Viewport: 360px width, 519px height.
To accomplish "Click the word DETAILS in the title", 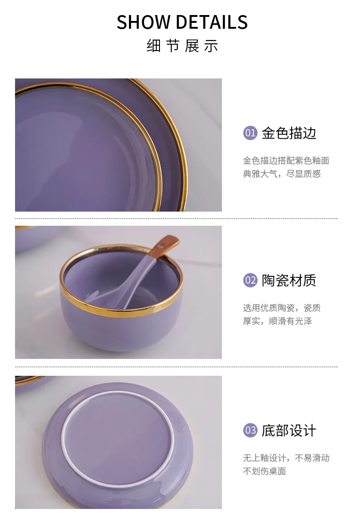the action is tap(212, 22).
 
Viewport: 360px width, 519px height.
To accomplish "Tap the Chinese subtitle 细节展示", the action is tap(182, 46).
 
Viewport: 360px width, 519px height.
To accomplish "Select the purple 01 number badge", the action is tap(250, 133).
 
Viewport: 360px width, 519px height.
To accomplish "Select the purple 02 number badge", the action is tap(250, 280).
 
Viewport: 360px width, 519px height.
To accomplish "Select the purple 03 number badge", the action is tap(250, 430).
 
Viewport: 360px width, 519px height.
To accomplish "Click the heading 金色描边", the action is tap(289, 133).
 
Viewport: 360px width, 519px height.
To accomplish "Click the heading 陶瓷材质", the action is tap(289, 280).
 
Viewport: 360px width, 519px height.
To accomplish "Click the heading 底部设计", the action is tap(289, 430).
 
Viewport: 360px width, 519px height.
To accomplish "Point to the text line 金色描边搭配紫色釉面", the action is tap(286, 161).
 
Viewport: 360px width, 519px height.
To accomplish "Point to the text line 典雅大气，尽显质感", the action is tap(282, 174).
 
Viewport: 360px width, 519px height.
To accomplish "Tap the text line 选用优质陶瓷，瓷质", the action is tap(282, 308).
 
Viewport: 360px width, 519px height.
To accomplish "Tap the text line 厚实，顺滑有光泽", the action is tap(278, 321).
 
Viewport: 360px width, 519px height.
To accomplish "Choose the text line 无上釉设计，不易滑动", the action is tap(286, 458).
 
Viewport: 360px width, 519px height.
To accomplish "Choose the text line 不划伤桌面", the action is tap(264, 471).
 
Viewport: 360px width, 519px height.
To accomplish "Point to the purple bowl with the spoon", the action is tap(121, 298).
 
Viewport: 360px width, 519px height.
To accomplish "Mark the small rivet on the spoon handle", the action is tap(162, 246).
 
